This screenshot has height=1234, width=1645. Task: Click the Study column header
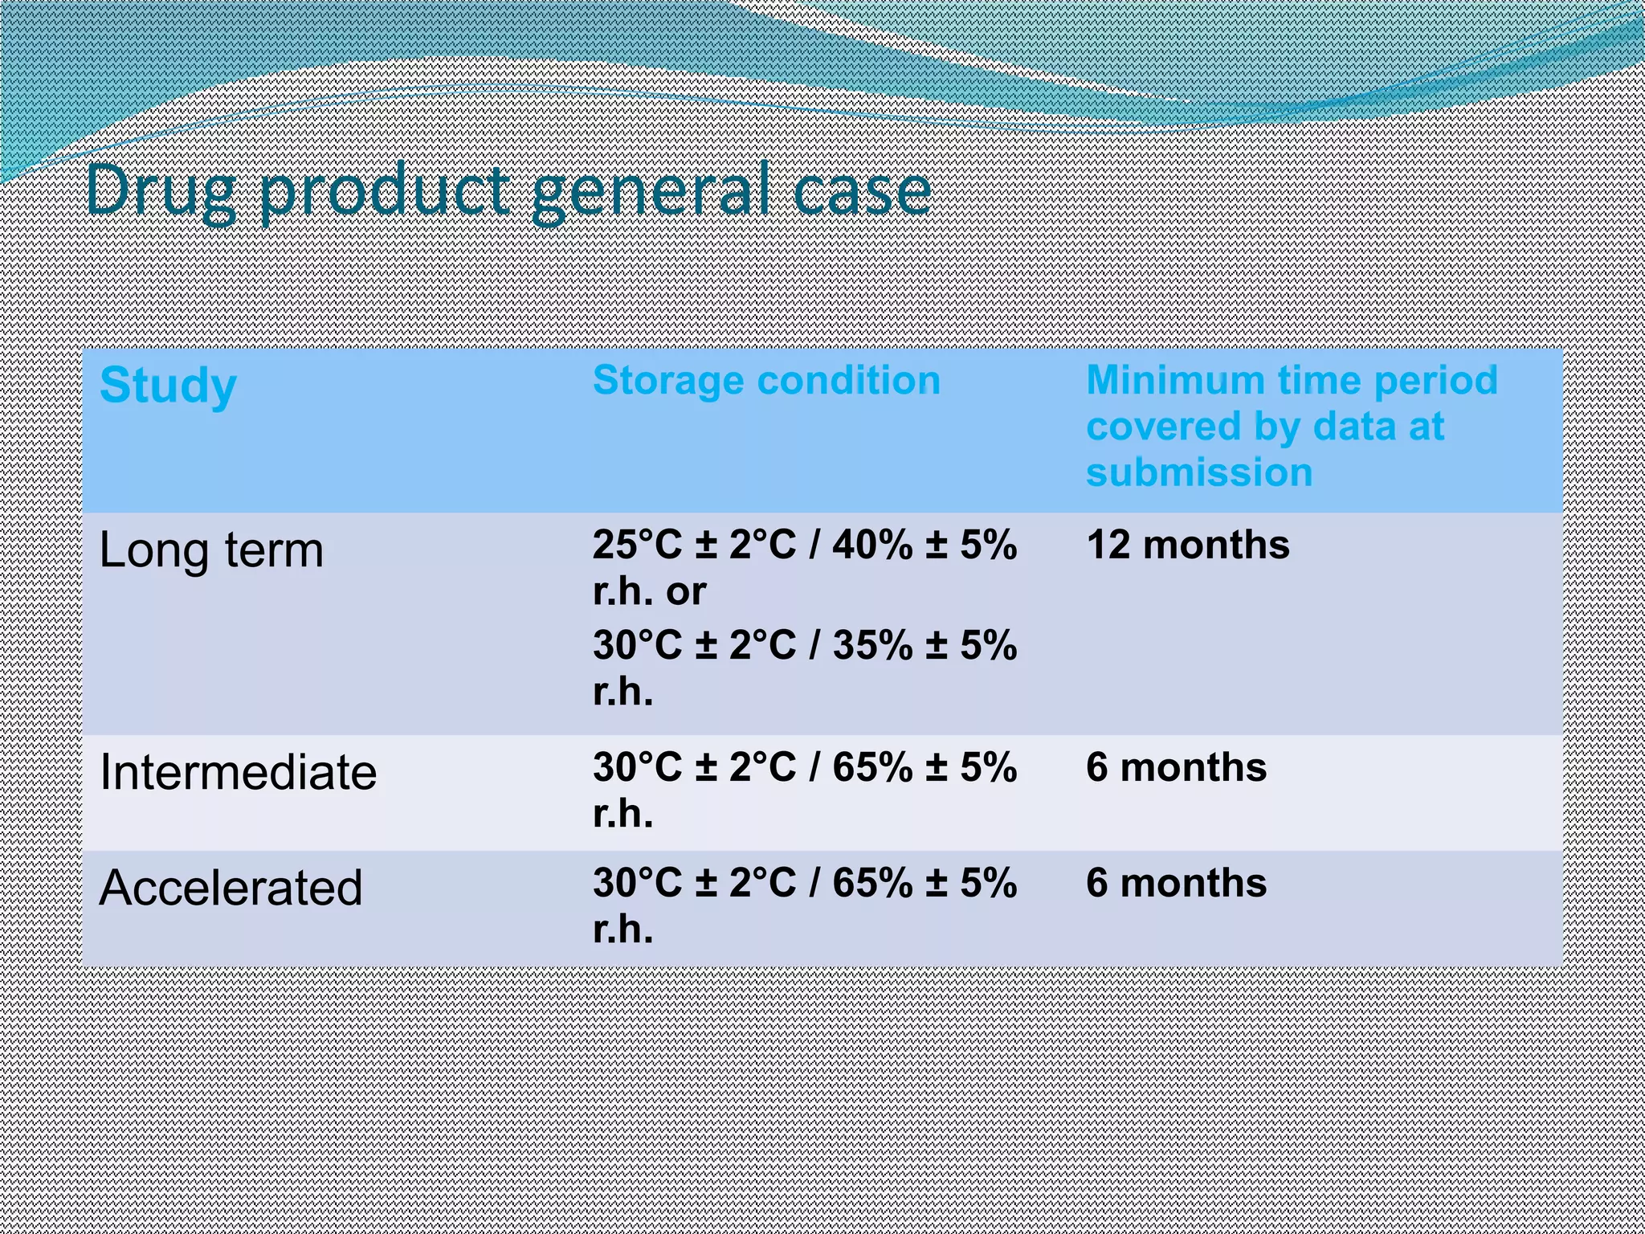(x=168, y=386)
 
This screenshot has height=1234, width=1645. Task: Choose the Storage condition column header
(x=766, y=381)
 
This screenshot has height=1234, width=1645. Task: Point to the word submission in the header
(x=1198, y=472)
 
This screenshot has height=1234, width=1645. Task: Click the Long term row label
(x=211, y=551)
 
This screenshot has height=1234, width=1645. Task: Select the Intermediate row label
(x=238, y=773)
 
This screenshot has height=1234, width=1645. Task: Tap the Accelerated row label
(x=231, y=889)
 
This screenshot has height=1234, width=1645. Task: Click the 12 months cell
(x=1187, y=545)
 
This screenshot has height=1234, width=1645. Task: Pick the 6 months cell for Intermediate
(x=1176, y=768)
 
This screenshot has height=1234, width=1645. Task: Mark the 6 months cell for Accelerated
(x=1176, y=884)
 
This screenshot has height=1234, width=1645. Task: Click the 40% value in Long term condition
(x=872, y=545)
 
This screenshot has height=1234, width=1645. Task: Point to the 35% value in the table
(x=872, y=646)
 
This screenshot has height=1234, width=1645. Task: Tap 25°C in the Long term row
(x=637, y=545)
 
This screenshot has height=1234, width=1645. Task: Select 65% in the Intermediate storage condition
(x=872, y=768)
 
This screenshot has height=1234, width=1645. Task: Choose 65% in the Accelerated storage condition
(x=872, y=884)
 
